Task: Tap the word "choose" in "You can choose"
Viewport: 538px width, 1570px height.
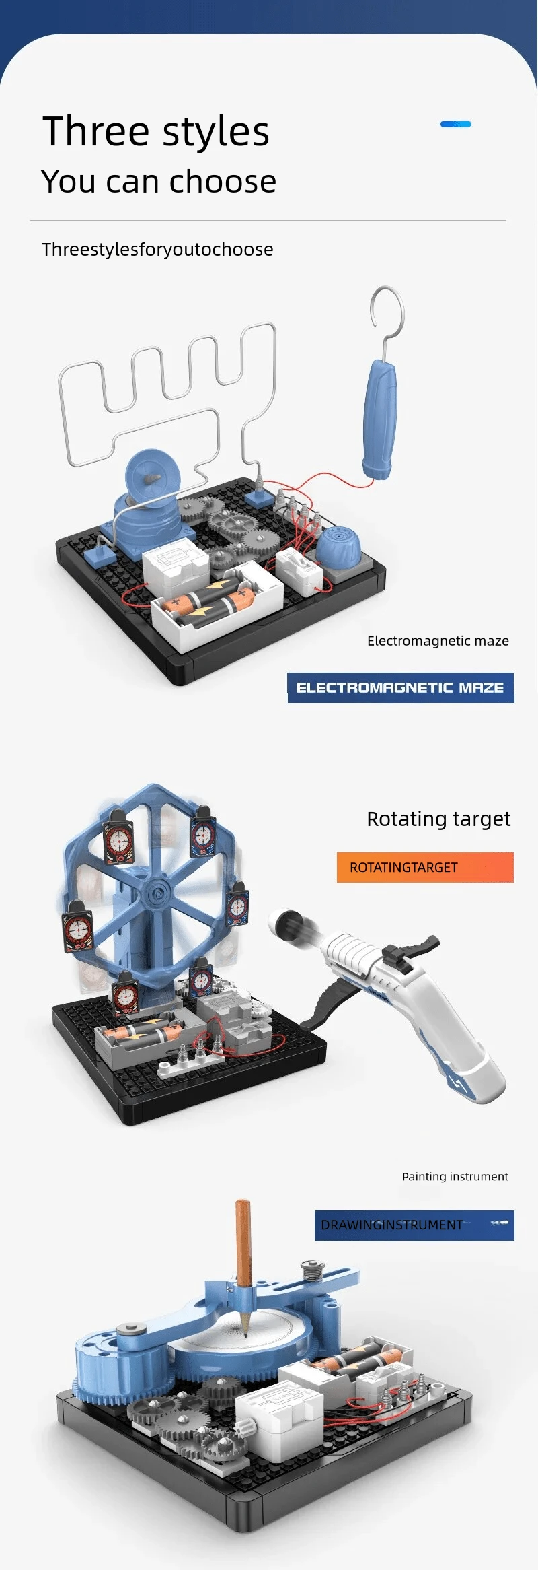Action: click(223, 181)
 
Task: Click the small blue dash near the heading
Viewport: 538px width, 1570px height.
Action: click(456, 124)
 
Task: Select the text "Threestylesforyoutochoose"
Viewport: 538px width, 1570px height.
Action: click(157, 250)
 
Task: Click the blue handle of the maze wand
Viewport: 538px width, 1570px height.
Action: click(380, 419)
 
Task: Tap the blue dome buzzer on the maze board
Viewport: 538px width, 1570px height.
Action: click(338, 546)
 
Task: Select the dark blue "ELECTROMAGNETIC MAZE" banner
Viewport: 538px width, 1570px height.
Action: click(401, 687)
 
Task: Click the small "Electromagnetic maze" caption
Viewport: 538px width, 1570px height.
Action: click(438, 641)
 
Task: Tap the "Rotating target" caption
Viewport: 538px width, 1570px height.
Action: click(438, 819)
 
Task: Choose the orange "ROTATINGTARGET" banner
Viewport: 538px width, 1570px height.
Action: click(425, 867)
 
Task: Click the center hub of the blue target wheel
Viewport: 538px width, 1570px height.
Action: click(157, 894)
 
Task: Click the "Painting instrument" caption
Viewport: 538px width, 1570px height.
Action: click(455, 1176)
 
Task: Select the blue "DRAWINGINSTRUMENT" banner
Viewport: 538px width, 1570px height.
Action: click(414, 1225)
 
